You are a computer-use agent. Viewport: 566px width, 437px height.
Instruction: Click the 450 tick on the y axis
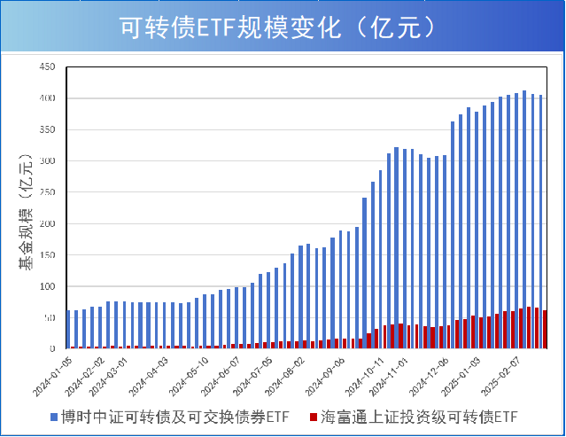tap(48, 66)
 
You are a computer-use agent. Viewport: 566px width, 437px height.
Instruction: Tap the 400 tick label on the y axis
tap(48, 98)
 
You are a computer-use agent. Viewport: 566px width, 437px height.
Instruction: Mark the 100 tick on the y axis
tap(48, 286)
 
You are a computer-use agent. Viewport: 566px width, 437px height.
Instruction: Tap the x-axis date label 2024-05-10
tap(190, 376)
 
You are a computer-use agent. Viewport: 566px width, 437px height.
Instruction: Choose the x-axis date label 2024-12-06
tap(434, 376)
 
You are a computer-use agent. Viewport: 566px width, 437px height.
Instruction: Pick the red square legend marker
tap(314, 415)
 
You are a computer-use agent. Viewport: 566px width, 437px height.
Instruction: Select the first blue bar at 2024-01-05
tap(68, 330)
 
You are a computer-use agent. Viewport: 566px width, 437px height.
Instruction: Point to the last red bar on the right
tap(545, 330)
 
